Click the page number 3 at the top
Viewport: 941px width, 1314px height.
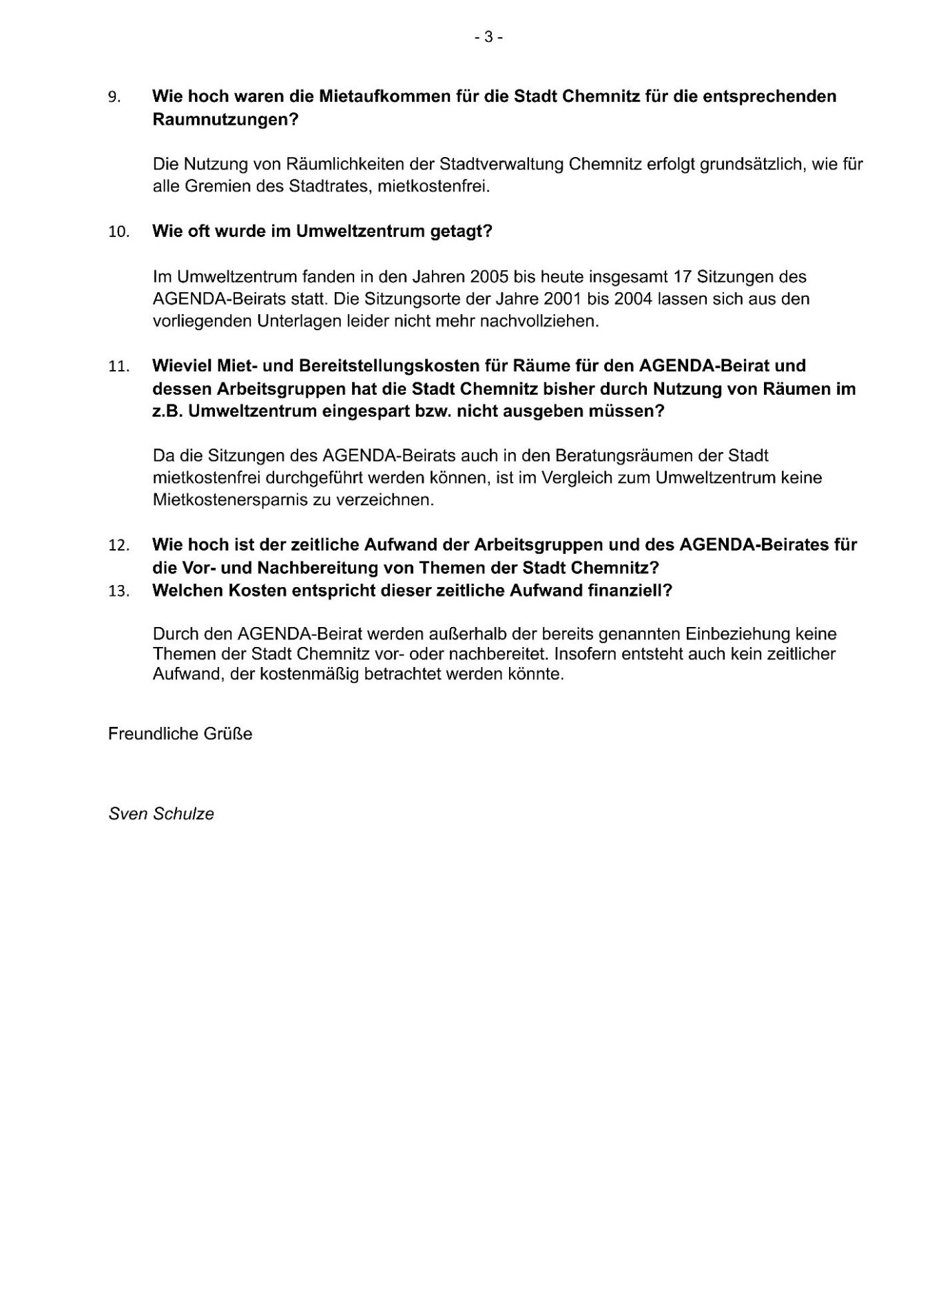488,37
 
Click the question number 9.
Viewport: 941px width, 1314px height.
114,97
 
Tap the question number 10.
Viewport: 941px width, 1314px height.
118,232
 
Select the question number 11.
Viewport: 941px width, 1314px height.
118,367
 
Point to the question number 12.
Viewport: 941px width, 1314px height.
118,546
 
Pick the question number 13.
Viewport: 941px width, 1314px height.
118,592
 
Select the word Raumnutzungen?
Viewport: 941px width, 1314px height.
225,119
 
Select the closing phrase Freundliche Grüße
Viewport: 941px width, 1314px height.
180,734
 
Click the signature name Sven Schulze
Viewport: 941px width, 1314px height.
161,814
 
